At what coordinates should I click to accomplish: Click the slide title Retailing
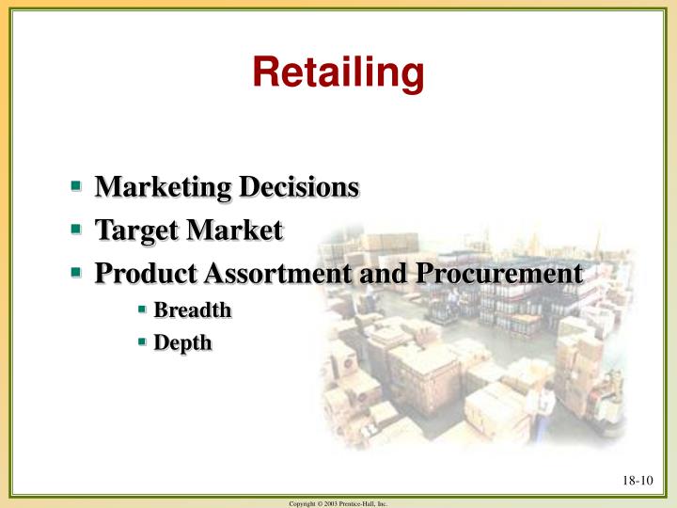338,73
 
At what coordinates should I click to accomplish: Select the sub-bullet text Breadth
192,310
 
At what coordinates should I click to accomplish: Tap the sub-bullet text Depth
182,343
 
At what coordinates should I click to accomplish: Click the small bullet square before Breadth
143,308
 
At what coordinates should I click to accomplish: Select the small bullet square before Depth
143,341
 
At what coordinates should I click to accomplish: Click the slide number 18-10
636,483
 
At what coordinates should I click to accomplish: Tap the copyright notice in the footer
338,503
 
